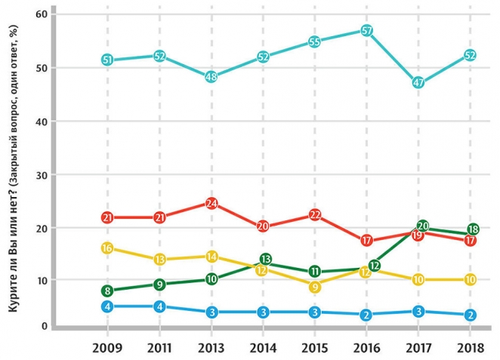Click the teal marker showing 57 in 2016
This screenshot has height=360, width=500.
pos(366,31)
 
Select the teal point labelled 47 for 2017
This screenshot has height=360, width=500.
pos(418,83)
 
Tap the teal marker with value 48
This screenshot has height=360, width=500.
pos(211,77)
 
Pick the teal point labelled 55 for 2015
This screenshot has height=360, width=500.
pos(315,42)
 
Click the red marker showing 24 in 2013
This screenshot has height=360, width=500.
pos(211,203)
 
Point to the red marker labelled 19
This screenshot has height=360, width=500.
pos(418,235)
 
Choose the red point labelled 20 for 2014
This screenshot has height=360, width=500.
pos(263,226)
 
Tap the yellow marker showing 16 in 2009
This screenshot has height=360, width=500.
pos(107,248)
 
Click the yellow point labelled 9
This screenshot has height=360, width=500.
pos(315,287)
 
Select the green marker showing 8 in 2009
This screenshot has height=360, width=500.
pos(107,291)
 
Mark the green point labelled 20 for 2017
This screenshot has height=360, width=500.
pos(423,226)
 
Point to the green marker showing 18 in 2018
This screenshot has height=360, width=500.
pos(473,229)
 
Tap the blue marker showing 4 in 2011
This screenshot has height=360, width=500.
pos(159,306)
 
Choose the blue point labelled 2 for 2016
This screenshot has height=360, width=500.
pos(366,315)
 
